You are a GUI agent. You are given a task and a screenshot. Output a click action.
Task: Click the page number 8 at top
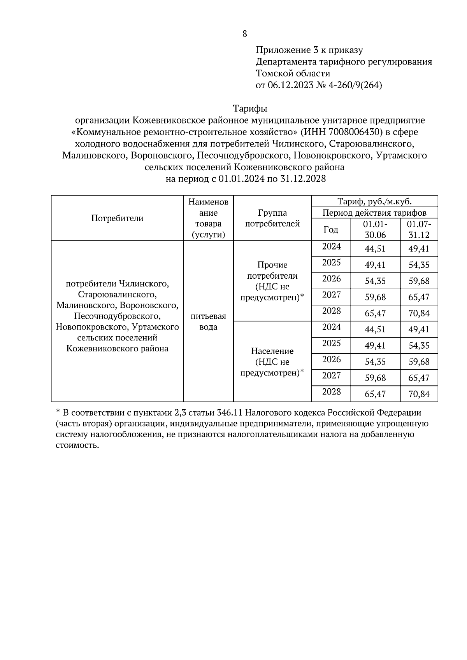tap(244, 34)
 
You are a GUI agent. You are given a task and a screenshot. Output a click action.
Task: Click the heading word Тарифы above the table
tap(250, 108)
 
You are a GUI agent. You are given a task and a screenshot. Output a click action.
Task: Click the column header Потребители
tap(117, 218)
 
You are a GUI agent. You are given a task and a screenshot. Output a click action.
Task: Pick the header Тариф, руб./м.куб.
tap(374, 201)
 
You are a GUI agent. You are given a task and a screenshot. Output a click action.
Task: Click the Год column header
tap(331, 229)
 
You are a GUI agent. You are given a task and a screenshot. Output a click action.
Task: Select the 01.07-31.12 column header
tap(419, 229)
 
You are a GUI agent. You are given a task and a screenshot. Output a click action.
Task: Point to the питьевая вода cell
tap(209, 321)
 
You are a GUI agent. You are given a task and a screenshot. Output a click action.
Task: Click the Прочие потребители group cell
tap(272, 281)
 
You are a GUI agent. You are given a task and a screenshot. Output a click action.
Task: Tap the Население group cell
tap(272, 362)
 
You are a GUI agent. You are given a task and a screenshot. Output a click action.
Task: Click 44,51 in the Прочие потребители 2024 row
tap(375, 249)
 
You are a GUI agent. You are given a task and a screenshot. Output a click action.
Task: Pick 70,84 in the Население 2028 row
tap(419, 394)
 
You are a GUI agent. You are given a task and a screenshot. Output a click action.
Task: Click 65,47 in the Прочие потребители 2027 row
tap(419, 297)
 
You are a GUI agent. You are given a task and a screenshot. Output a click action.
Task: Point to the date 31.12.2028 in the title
tap(302, 179)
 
